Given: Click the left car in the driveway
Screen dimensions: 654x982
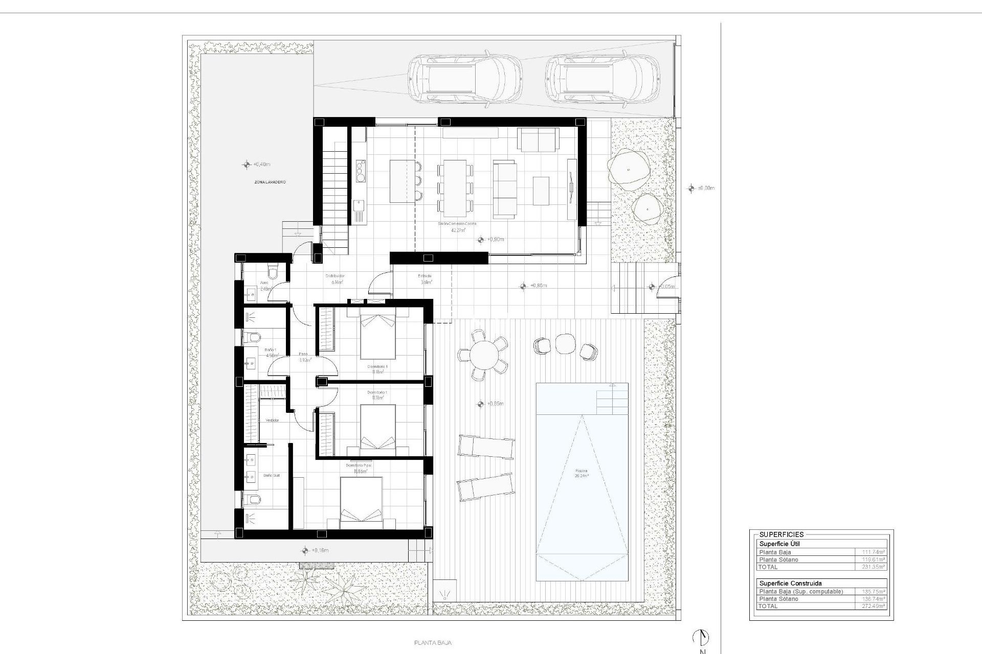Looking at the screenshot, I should coord(464,79).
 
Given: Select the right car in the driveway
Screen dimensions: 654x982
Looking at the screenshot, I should coord(601,79).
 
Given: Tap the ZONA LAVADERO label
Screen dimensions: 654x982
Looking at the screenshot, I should coord(270,182).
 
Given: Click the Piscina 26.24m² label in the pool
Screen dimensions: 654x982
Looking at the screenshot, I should coord(581,473).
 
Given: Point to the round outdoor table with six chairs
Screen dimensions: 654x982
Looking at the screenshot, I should coord(483,355).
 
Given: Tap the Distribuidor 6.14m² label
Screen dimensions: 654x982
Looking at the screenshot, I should coord(336,279).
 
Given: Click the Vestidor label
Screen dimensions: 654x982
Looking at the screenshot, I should coord(272,420).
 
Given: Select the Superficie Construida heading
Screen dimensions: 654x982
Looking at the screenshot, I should coord(790,583).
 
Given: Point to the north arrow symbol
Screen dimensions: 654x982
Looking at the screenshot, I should coord(701,637).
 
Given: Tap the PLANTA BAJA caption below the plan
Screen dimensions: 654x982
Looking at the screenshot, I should coord(433,643).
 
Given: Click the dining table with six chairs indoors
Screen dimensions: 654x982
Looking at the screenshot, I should coord(455,188).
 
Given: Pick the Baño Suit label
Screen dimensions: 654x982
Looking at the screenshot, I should coord(271,475).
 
